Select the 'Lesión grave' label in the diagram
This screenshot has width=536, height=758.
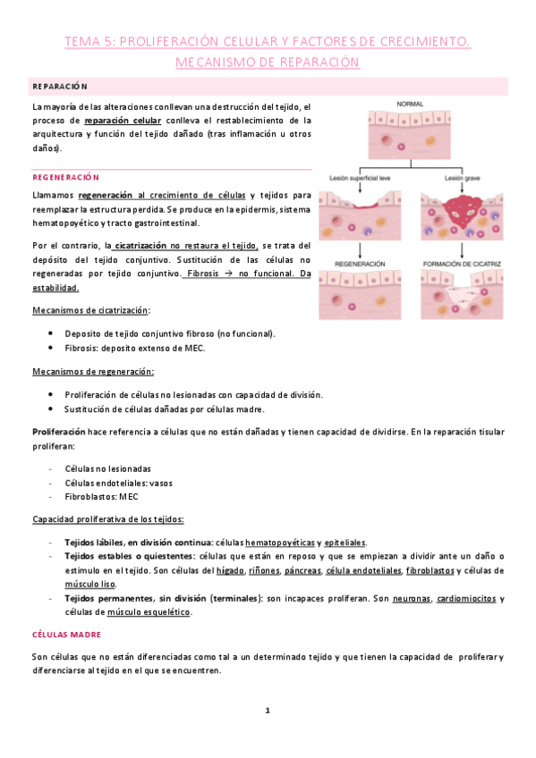459,177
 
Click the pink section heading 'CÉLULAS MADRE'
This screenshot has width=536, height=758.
68,634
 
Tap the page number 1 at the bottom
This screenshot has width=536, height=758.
267,711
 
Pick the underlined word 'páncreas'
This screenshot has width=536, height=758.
303,570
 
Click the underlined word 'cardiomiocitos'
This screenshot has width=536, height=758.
466,599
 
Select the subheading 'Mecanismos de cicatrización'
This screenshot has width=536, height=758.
91,310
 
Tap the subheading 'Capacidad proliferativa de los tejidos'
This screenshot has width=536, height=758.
108,519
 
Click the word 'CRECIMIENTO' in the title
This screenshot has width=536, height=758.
423,40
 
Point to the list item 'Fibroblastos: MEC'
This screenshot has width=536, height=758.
101,496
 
